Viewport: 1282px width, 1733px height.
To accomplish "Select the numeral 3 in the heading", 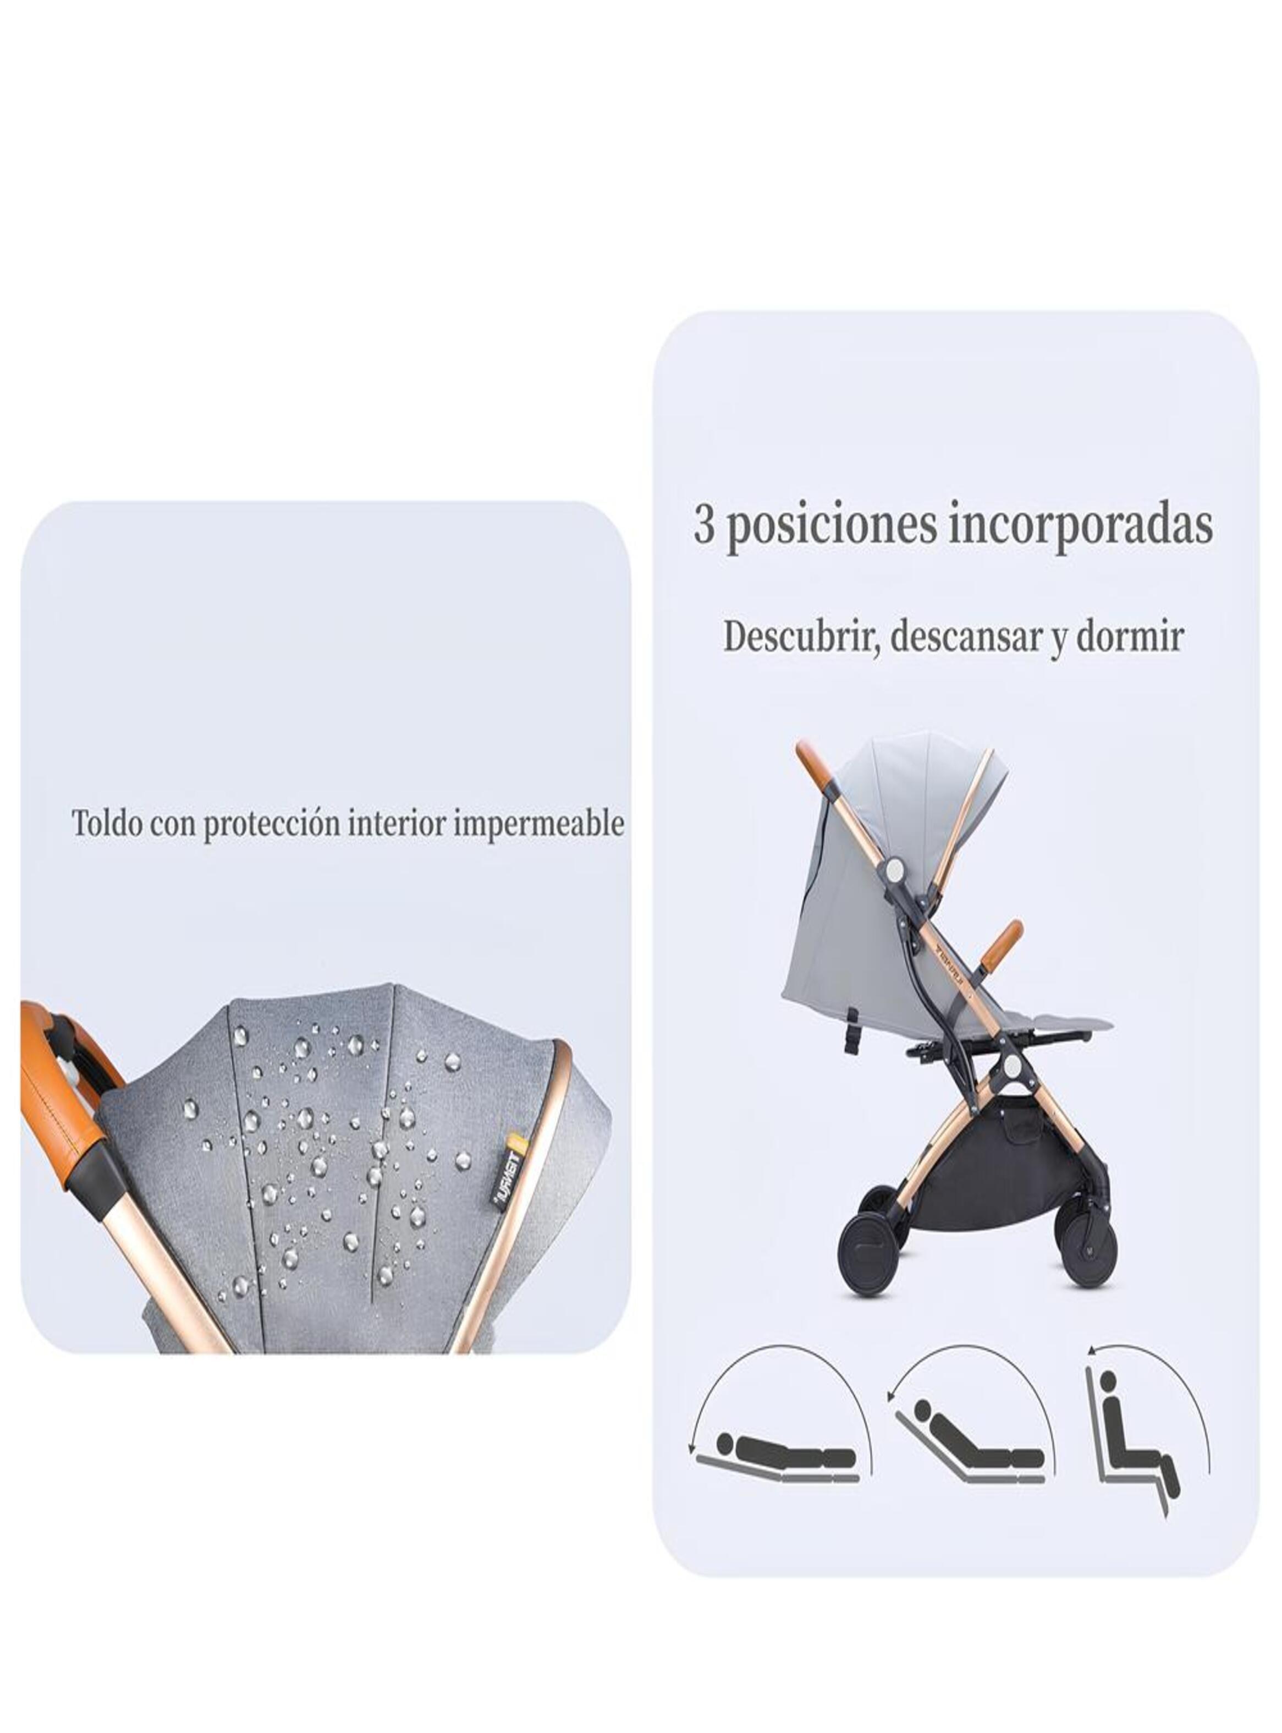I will tap(704, 525).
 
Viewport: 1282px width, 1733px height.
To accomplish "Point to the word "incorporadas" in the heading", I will tap(1080, 525).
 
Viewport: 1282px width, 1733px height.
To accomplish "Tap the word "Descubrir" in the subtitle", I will tap(801, 637).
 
